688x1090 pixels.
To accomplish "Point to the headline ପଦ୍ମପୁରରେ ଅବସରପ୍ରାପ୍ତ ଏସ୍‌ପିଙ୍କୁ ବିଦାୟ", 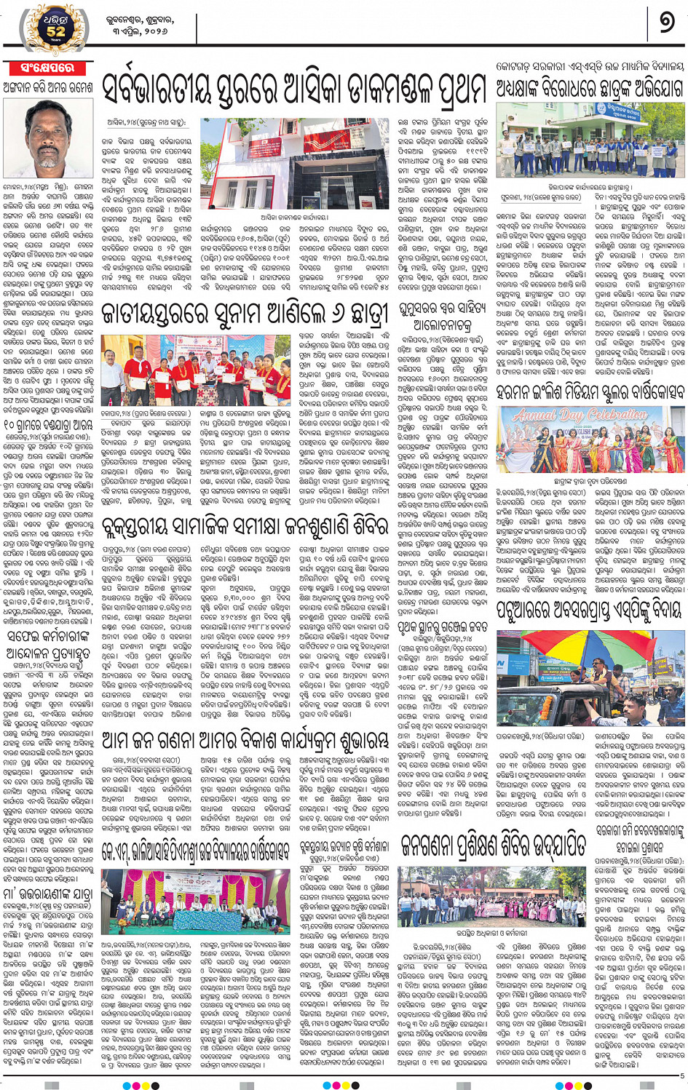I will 590,608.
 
